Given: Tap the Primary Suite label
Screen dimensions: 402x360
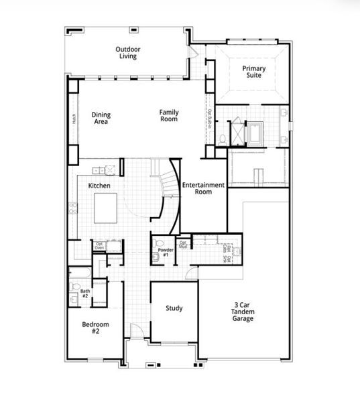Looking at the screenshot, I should click(x=253, y=71).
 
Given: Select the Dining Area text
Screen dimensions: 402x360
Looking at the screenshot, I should click(x=101, y=118).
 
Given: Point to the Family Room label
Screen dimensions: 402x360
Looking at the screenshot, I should click(x=168, y=115).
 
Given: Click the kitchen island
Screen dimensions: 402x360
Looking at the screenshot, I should click(x=106, y=209).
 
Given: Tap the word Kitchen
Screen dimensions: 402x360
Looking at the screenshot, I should click(x=99, y=186).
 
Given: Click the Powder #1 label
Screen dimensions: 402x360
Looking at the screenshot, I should click(x=166, y=252).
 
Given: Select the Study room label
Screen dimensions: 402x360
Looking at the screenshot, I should click(x=174, y=308).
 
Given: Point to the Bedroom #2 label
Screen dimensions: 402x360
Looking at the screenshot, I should click(x=95, y=328).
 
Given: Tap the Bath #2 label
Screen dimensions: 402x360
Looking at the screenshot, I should click(x=85, y=293).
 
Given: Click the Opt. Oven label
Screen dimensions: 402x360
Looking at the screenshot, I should click(x=99, y=246).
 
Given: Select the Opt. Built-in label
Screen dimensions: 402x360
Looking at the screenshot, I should click(x=209, y=119).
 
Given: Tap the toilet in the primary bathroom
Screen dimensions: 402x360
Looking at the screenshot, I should click(x=222, y=139).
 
